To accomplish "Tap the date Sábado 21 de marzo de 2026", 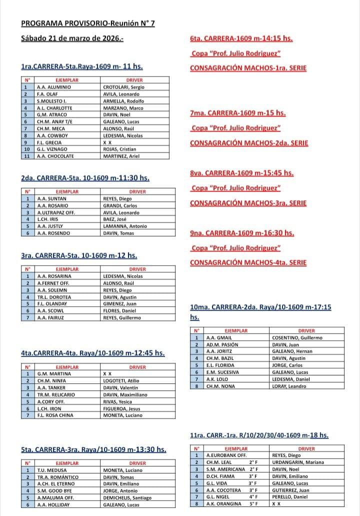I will (72, 38).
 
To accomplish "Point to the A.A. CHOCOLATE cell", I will (55, 156).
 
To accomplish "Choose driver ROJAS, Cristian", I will (120, 149).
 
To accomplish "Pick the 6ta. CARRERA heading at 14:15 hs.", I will (241, 38).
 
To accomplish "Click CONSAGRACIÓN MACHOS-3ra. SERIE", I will (248, 203).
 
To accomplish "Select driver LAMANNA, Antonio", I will (124, 226).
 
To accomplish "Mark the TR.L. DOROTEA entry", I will (54, 297).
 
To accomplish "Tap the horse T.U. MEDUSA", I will (52, 470).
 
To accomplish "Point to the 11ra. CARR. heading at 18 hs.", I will (259, 435).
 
